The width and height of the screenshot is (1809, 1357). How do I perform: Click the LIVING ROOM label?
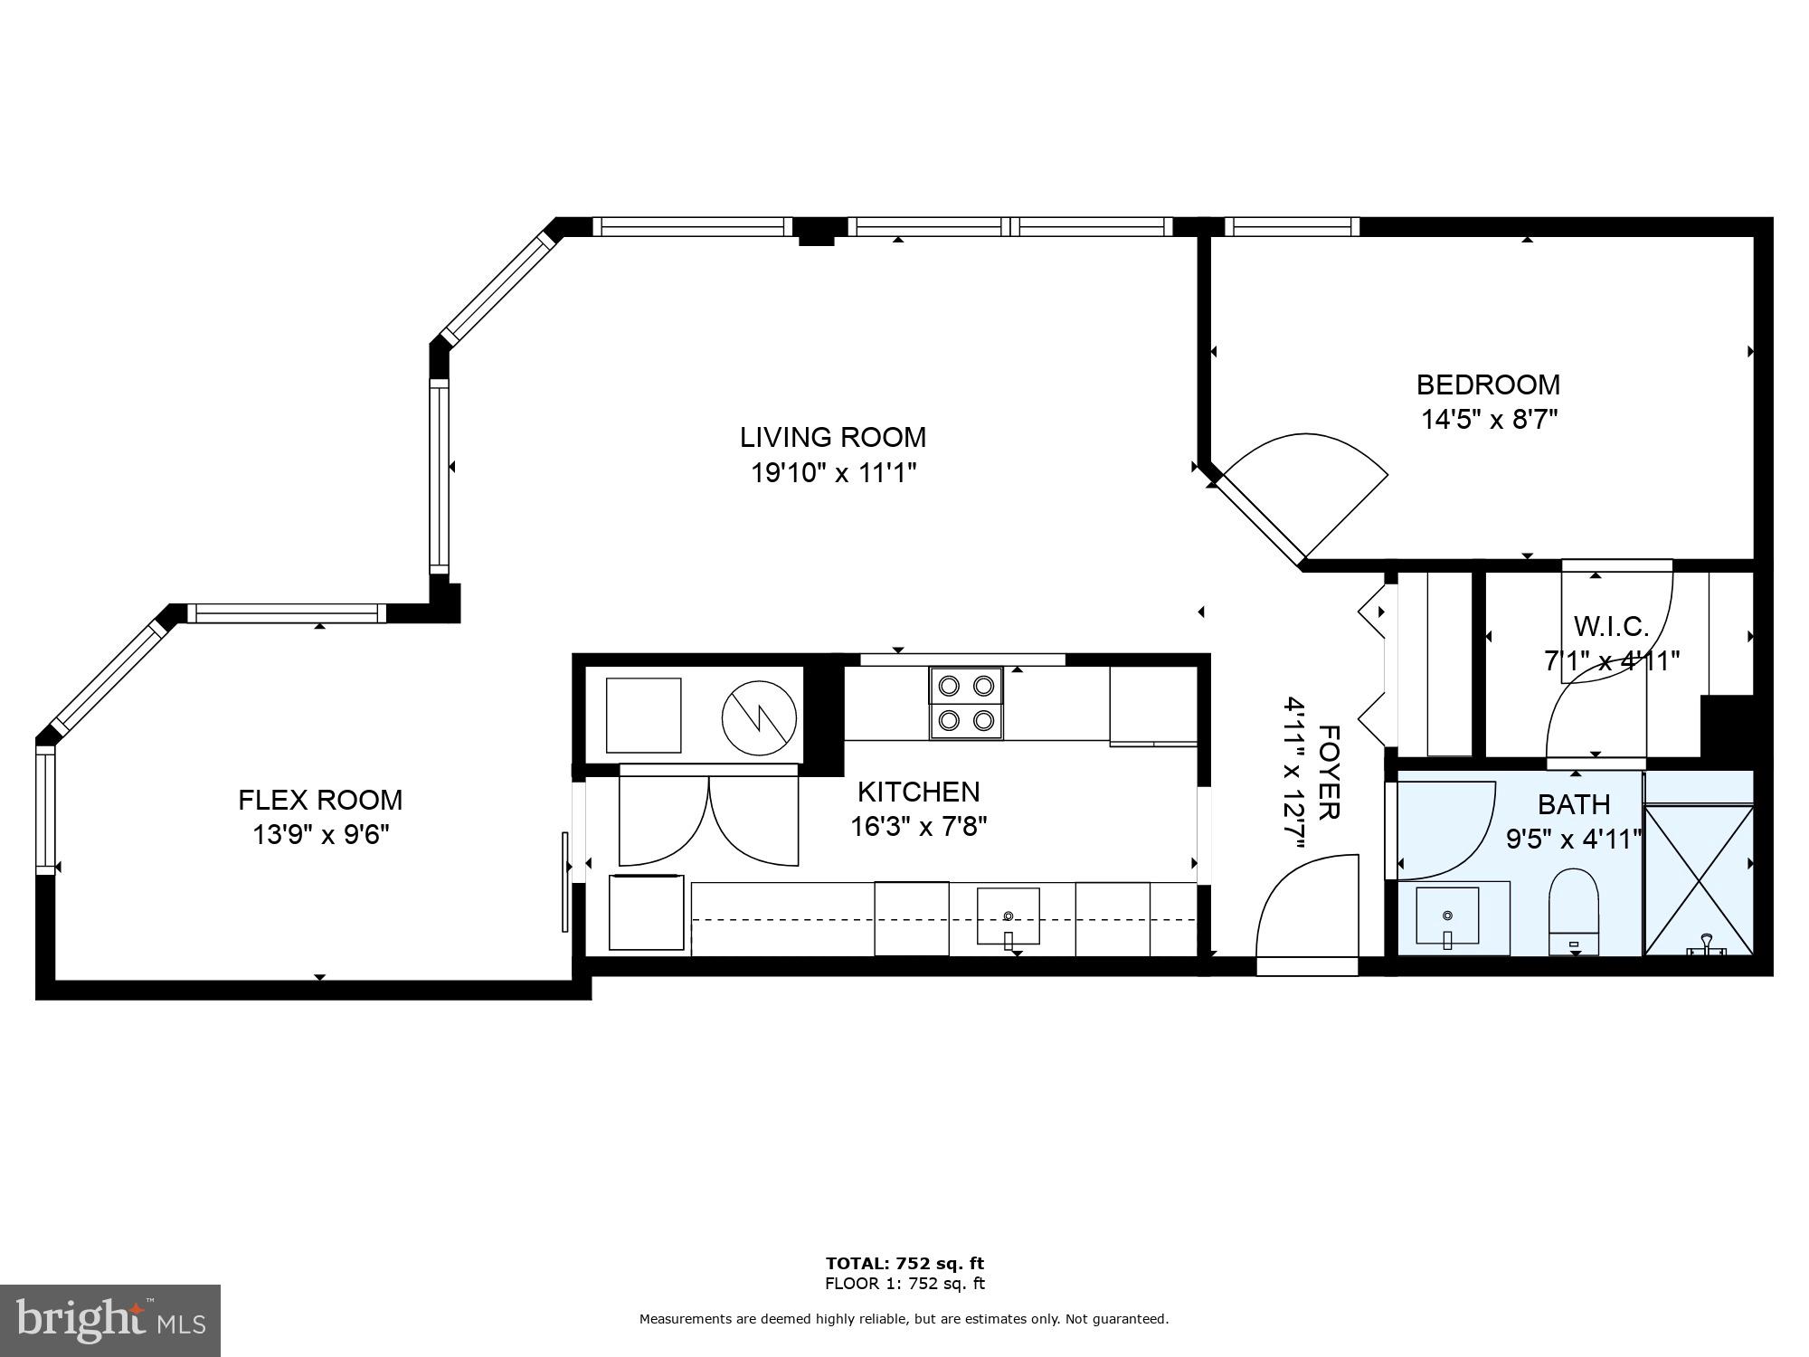coord(833,437)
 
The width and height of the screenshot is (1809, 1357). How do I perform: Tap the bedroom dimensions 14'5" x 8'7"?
coord(1488,420)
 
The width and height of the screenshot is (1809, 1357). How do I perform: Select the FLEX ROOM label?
coord(320,800)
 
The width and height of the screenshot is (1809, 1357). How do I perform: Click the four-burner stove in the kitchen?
coord(966,703)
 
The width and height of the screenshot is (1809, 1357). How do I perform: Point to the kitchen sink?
coord(1008,916)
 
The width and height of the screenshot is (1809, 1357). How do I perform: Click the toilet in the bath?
coord(1574,909)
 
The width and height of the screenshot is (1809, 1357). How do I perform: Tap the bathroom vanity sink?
coord(1447,916)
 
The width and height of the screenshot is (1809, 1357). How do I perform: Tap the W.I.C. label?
coord(1611,626)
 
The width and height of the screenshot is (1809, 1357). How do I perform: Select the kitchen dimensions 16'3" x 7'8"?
coord(918,827)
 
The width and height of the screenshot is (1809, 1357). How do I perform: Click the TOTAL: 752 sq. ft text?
coord(904,1264)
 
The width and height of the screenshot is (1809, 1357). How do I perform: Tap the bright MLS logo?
coord(109,1320)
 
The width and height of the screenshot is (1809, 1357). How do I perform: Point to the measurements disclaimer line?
coord(904,1320)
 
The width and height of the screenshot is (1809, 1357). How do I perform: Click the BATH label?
coord(1574,804)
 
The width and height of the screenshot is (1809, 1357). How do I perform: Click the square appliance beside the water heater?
coord(643,715)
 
